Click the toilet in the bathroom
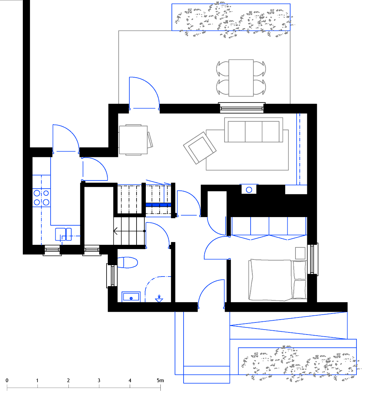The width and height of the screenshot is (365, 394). coord(128,263)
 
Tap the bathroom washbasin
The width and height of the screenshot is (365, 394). coord(131,297)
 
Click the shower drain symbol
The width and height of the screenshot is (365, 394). coord(159,299)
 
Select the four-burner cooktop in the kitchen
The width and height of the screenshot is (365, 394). coord(42,198)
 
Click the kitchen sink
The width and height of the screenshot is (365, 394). coord(63,234)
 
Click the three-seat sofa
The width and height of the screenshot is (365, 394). coord(253,130)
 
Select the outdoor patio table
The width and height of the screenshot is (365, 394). coord(241,78)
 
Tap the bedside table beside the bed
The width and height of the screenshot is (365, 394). coord(300,253)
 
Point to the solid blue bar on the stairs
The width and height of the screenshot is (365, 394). coord(159,205)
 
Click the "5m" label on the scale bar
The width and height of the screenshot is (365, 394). coord(160,380)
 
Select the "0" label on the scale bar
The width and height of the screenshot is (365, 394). coord(7,380)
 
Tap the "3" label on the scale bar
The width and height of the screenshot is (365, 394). coord(99,380)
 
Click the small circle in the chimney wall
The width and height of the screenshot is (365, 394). coord(249,190)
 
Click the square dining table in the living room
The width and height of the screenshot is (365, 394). coord(133,140)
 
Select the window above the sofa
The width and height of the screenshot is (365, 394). coord(242,107)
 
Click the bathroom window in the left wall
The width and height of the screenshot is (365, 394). coord(112,275)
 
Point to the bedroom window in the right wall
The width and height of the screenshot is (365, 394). coord(312,259)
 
